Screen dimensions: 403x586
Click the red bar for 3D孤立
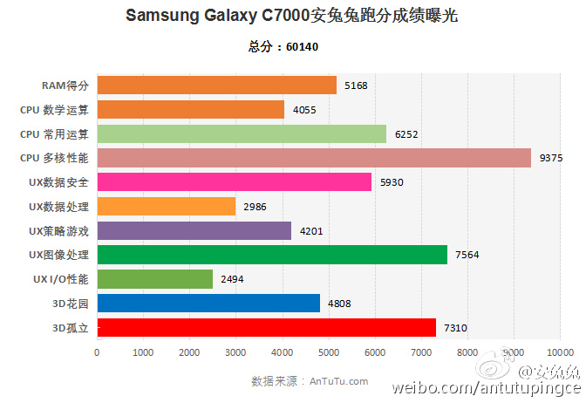(x=266, y=327)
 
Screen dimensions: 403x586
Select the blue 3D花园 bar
(x=208, y=303)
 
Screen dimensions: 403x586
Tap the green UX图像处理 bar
(x=272, y=255)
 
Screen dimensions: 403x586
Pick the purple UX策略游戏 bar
(x=194, y=230)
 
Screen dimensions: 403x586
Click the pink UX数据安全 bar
(x=234, y=181)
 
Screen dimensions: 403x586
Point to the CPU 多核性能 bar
(x=314, y=158)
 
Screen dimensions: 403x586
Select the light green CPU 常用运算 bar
(x=242, y=133)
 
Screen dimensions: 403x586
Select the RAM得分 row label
(x=65, y=85)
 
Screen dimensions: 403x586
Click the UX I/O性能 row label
(x=59, y=279)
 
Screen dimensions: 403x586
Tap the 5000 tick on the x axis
(x=328, y=352)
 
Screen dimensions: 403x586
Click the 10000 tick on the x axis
(x=558, y=352)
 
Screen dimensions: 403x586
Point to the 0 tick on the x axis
(x=97, y=352)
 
